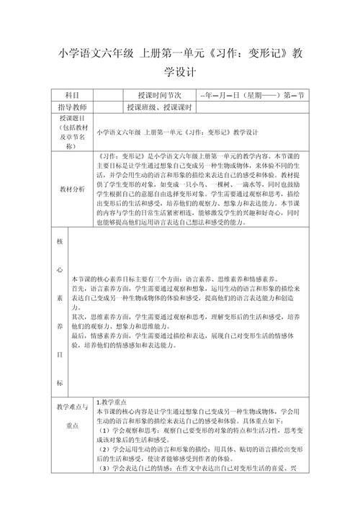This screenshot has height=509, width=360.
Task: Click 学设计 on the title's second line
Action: (x=179, y=73)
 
